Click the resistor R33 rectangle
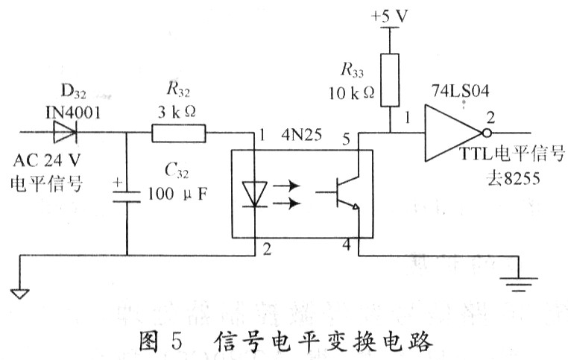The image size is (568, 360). coord(389,79)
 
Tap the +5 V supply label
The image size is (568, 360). coord(389,15)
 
